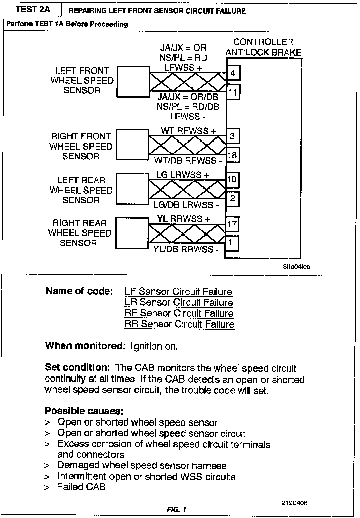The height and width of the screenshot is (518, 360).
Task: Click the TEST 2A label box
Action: click(x=33, y=10)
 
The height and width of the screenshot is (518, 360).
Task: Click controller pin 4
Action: click(x=233, y=73)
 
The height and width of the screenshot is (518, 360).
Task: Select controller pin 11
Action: click(x=233, y=92)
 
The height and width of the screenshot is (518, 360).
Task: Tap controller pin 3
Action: click(x=232, y=136)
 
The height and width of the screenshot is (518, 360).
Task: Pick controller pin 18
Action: click(x=232, y=155)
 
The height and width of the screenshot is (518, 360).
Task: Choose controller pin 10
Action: click(x=232, y=180)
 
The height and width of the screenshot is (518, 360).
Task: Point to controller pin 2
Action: click(x=232, y=199)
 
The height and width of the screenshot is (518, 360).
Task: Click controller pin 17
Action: click(x=232, y=224)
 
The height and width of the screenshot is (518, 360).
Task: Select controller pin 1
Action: click(x=231, y=243)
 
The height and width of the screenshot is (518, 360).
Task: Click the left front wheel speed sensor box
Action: click(x=133, y=81)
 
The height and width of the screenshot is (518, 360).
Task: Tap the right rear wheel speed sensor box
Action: click(x=132, y=233)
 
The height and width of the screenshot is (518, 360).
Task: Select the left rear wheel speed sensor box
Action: click(x=132, y=189)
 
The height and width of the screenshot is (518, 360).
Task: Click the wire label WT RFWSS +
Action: click(x=189, y=131)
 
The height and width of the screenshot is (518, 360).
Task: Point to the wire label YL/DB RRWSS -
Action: click(x=186, y=249)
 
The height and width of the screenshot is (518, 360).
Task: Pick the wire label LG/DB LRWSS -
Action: click(x=186, y=205)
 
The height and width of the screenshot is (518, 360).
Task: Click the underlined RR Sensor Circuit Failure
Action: click(x=179, y=324)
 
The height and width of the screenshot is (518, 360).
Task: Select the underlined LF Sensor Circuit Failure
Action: click(x=178, y=292)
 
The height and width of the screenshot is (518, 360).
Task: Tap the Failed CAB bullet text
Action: click(x=81, y=487)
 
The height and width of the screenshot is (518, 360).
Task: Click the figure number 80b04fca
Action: click(x=296, y=267)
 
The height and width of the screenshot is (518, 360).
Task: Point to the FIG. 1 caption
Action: click(x=176, y=509)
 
